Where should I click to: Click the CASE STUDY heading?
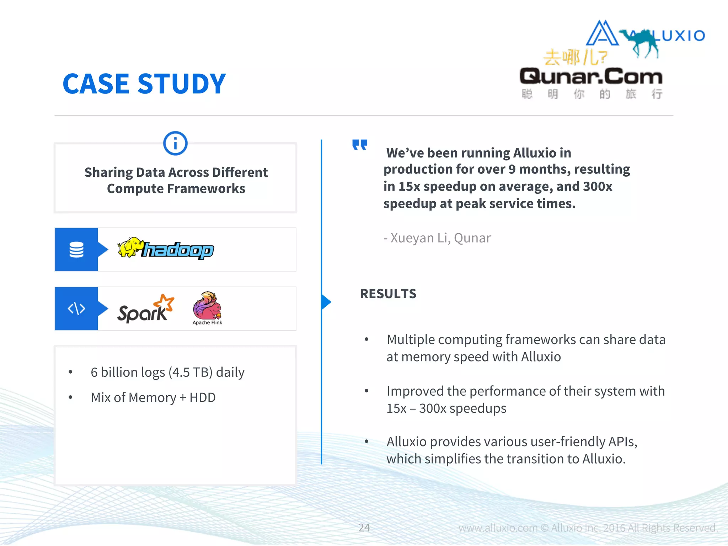144,84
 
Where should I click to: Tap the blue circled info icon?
175,143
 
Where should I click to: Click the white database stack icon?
76,250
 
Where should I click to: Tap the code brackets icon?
76,309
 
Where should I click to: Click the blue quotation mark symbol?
359,145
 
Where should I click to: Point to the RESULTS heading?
388,294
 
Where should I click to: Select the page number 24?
364,528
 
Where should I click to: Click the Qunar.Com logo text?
591,76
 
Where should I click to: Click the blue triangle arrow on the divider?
326,302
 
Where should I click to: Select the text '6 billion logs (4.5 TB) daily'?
167,372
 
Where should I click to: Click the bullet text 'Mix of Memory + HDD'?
153,397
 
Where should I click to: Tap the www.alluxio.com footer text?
498,528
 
